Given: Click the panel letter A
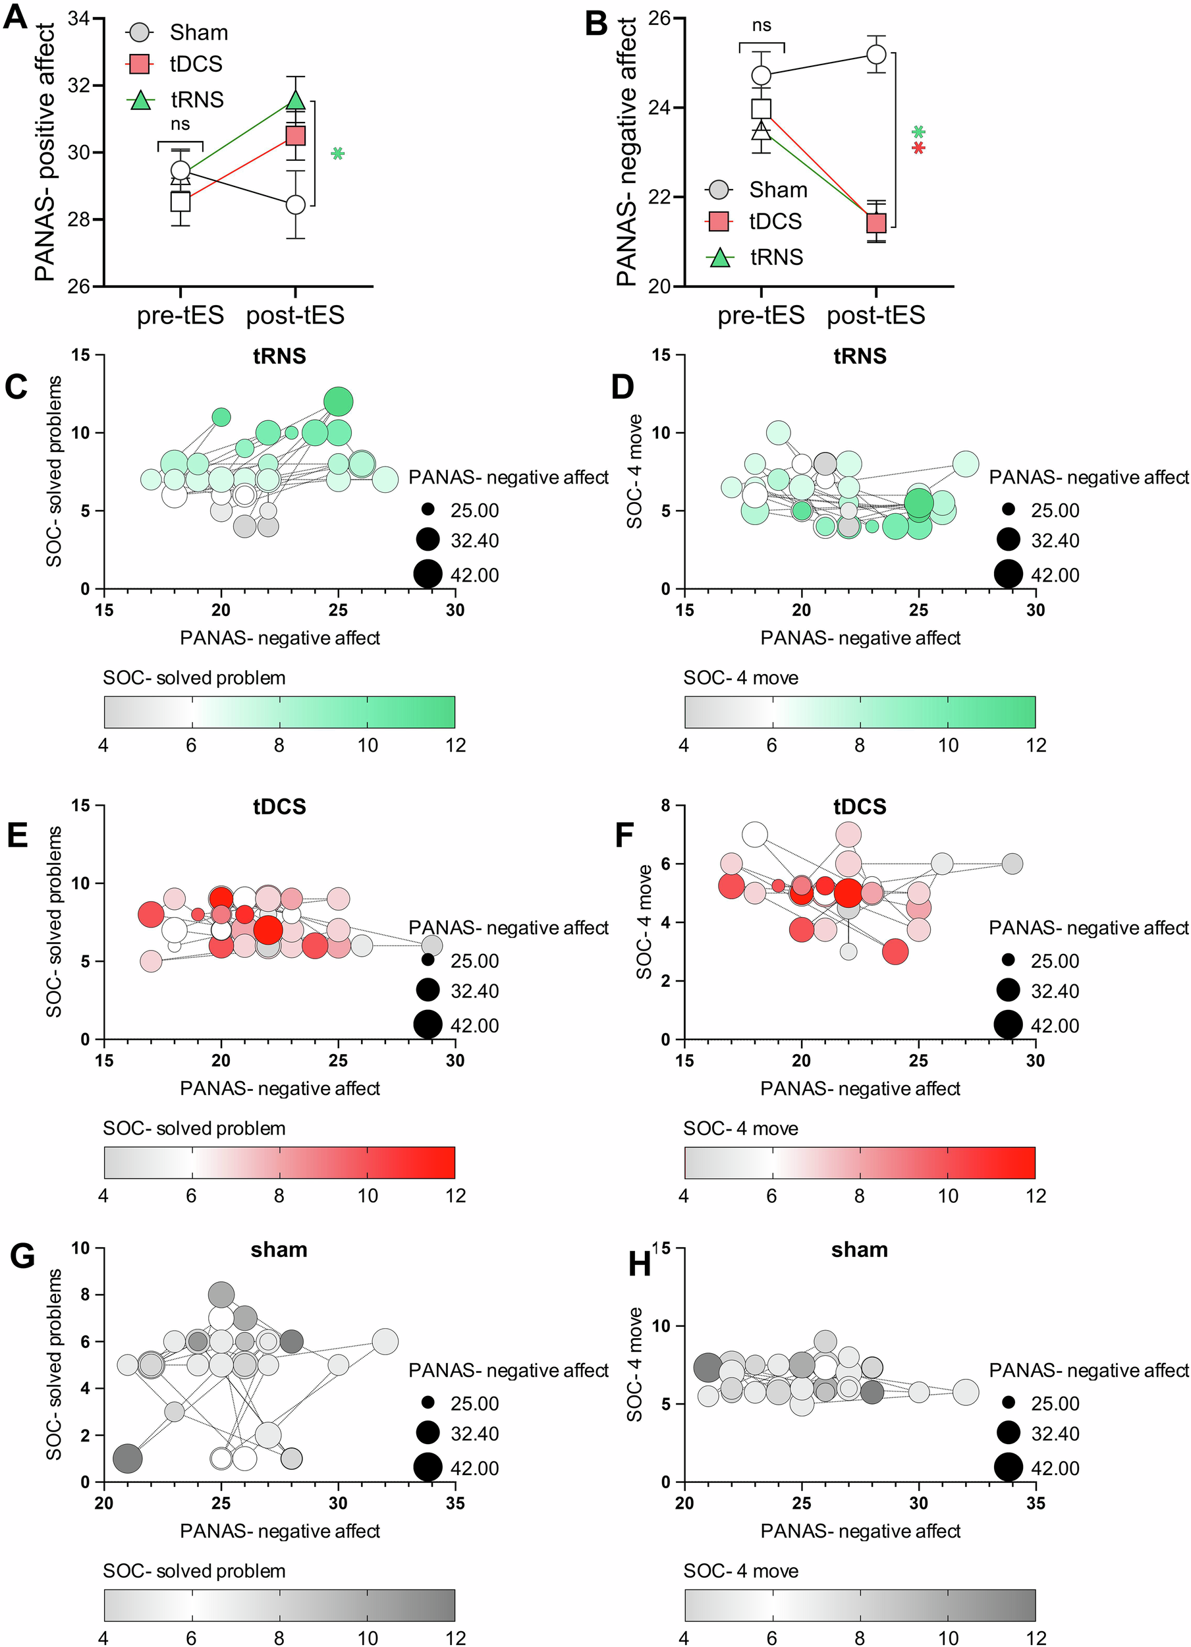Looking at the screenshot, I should point(16,16).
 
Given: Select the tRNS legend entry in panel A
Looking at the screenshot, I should point(196,99).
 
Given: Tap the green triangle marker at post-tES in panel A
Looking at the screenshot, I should point(296,99).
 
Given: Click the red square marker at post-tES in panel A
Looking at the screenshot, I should point(296,136).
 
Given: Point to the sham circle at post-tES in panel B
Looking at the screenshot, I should point(877,54).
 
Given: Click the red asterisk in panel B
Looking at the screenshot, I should point(919,148).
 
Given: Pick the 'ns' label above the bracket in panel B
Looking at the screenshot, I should point(761,26).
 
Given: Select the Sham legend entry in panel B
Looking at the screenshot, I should point(777,190).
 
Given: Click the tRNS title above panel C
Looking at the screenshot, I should point(279,356).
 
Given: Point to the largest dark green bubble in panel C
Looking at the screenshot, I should point(339,401).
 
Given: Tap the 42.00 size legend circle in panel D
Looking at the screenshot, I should point(1008,574).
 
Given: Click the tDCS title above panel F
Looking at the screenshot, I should point(860,806).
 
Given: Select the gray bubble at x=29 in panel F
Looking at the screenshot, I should point(1012,864).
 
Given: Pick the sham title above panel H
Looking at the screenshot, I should point(860,1249).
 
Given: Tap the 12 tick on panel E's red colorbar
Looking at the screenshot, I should point(455,1195).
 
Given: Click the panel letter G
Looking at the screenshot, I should point(22,1255).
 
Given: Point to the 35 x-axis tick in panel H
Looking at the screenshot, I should point(1036,1502).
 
